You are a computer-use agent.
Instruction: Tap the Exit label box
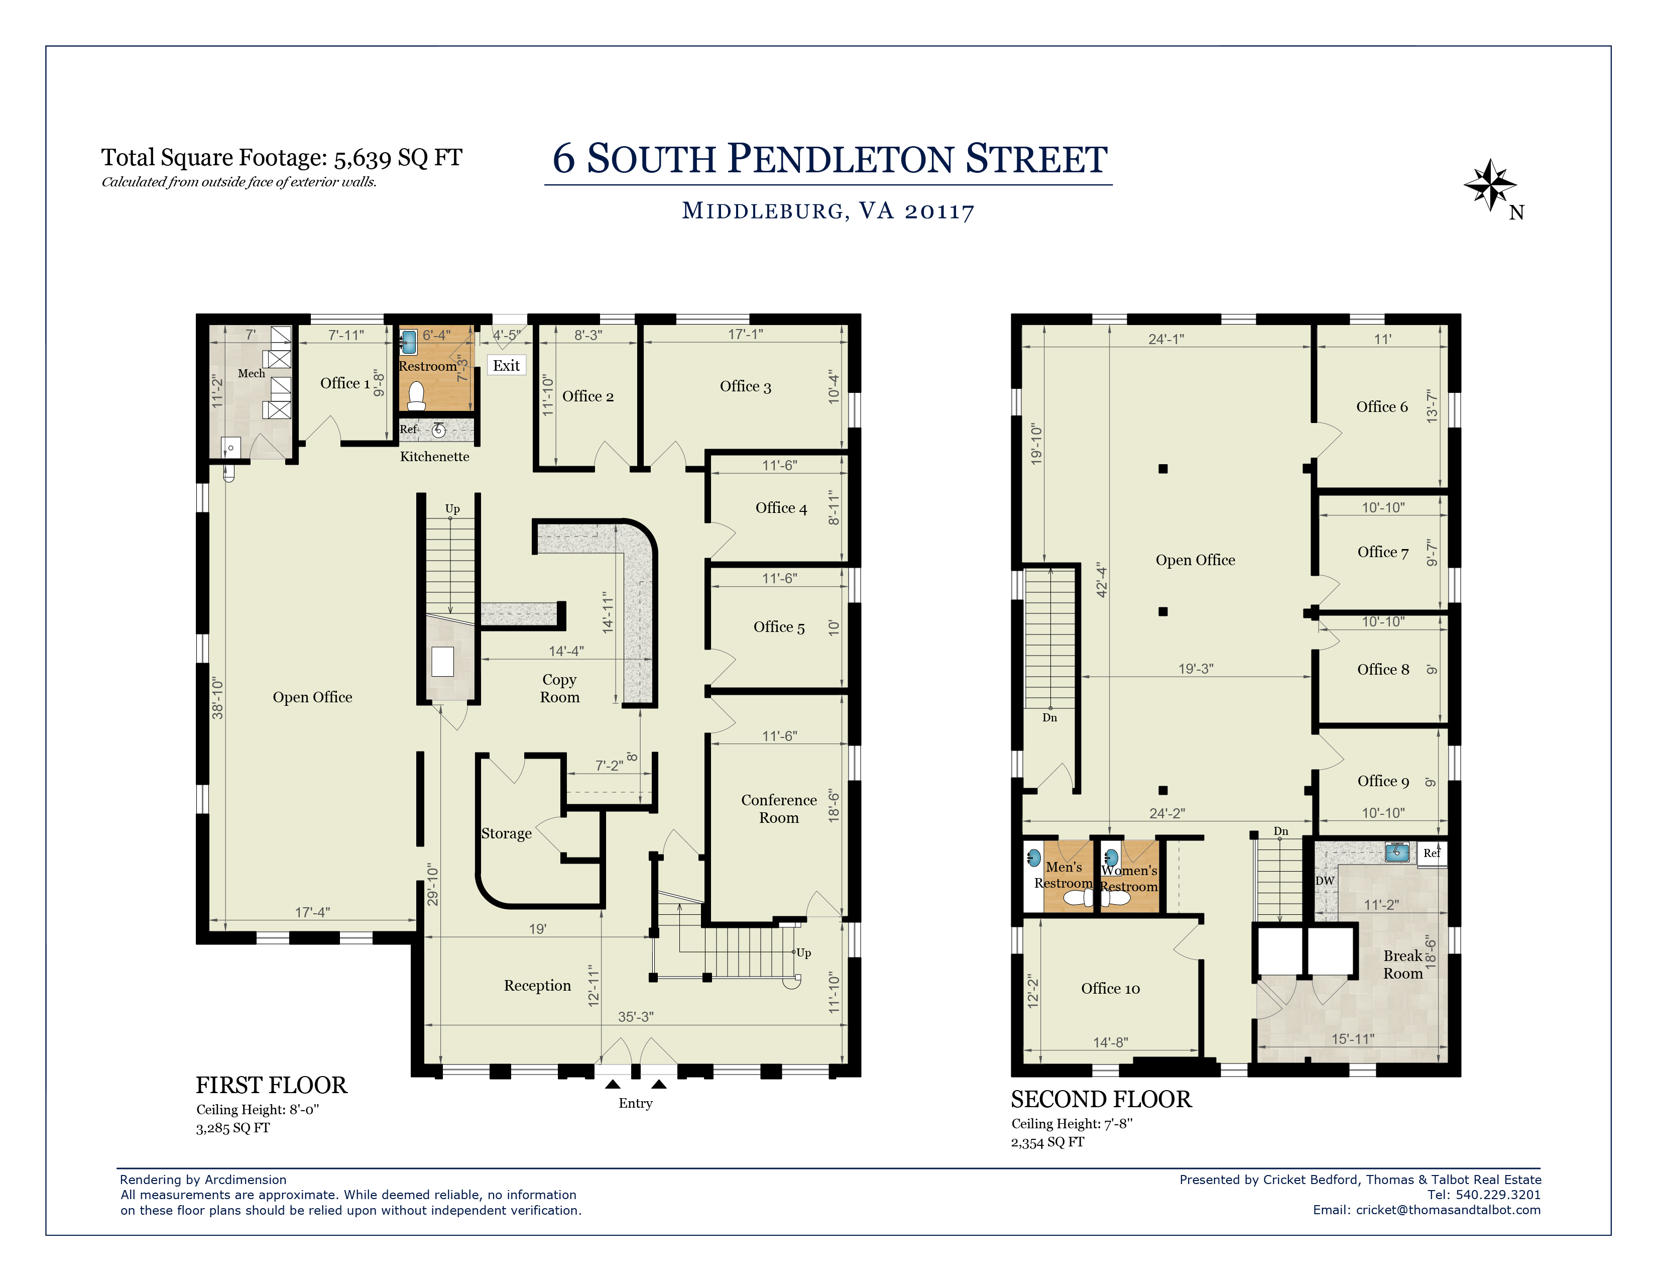coord(506,366)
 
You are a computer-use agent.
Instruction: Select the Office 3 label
coord(745,386)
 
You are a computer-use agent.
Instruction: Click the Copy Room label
coord(560,688)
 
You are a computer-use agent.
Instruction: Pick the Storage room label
coord(506,833)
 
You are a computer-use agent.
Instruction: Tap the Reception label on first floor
coord(537,985)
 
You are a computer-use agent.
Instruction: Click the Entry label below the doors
coord(635,1103)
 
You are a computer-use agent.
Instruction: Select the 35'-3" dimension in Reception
coord(635,1016)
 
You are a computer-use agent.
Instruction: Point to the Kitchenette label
coord(435,456)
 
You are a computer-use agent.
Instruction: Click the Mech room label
coord(251,373)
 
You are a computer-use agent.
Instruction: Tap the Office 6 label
coord(1382,407)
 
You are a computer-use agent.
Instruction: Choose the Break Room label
coord(1403,965)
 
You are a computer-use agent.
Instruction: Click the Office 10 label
coord(1110,988)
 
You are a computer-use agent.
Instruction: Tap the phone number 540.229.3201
coord(1498,1195)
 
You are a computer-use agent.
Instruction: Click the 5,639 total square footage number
coord(363,158)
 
